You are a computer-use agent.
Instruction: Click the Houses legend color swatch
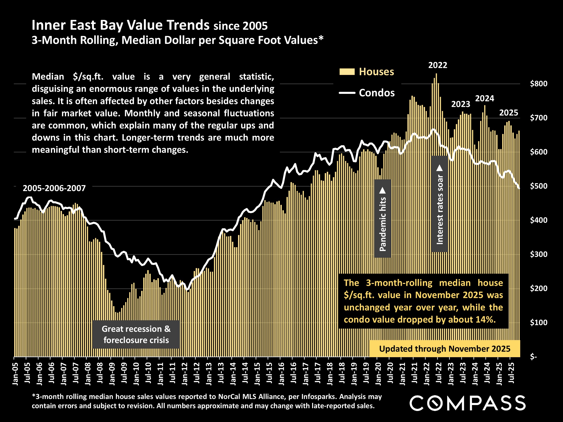pyautogui.click(x=347, y=72)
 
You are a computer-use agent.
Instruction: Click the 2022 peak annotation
pyautogui.click(x=438, y=65)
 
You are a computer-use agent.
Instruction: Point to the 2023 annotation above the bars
pyautogui.click(x=461, y=104)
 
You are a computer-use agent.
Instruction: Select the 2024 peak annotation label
pyautogui.click(x=484, y=98)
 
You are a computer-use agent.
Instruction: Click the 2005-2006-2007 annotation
pyautogui.click(x=54, y=188)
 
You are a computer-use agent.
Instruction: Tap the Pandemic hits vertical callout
pyautogui.click(x=383, y=219)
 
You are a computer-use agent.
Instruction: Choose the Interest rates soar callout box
pyautogui.click(x=440, y=204)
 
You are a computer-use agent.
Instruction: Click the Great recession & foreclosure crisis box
pyautogui.click(x=136, y=334)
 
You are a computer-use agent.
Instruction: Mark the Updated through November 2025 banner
pyautogui.click(x=444, y=348)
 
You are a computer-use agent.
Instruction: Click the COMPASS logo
pyautogui.click(x=467, y=403)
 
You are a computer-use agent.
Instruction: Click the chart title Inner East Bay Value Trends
pyautogui.click(x=121, y=25)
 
